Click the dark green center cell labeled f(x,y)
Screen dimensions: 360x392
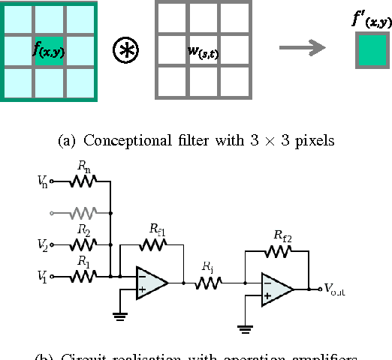pos(50,51)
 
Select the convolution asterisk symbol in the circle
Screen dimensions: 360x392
pos(125,50)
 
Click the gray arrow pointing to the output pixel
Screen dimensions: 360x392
pos(302,49)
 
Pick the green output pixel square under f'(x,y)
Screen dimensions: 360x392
pos(372,51)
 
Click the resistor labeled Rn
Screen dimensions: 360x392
pos(82,181)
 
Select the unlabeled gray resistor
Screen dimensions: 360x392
pos(82,213)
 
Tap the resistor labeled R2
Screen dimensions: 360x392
pos(82,244)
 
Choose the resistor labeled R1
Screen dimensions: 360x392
pos(82,276)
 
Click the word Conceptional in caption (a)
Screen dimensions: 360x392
pos(120,139)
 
